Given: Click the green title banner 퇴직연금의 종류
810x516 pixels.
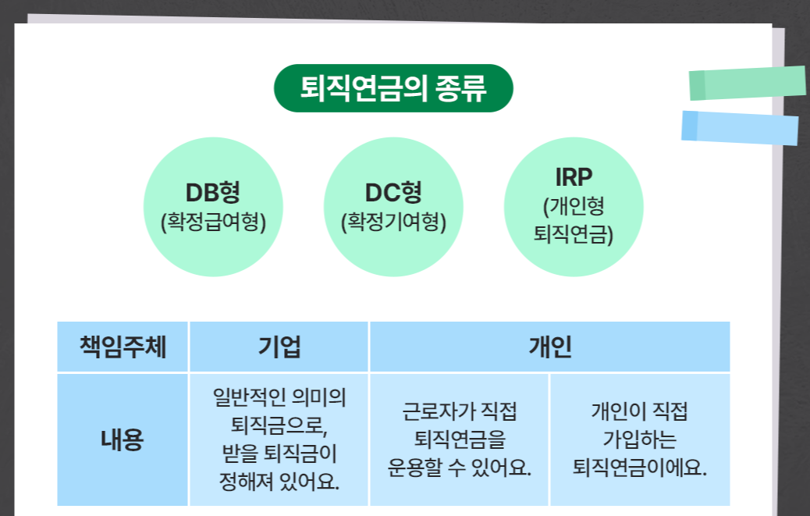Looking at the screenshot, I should point(393,88).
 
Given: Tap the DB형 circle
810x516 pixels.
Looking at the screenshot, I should point(213,208).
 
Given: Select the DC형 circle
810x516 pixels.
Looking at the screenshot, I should point(393,208).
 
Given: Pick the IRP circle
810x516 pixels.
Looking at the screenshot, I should point(574,208).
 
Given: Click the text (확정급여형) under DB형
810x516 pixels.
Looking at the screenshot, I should point(213,222).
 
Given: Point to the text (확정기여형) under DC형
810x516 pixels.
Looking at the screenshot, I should point(393,222).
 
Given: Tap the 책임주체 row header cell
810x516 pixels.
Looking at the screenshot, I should point(123,347).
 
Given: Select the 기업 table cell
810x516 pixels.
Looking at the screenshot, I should point(279,347).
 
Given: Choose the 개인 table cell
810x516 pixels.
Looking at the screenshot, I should point(550,347).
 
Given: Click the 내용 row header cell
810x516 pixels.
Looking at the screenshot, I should point(123,439).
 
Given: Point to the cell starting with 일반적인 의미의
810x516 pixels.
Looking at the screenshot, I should point(279,439).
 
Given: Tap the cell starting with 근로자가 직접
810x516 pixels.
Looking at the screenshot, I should point(460,439).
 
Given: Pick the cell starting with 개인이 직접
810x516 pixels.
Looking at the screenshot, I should point(640,439).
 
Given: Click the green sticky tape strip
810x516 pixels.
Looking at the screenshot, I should point(747,83).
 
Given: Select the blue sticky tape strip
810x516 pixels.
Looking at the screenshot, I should point(740,127).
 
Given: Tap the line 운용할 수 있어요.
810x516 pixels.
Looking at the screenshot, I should point(460,468).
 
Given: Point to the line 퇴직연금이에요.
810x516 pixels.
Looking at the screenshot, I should point(640,468).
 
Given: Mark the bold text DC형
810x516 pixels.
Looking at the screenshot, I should point(393,192).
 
